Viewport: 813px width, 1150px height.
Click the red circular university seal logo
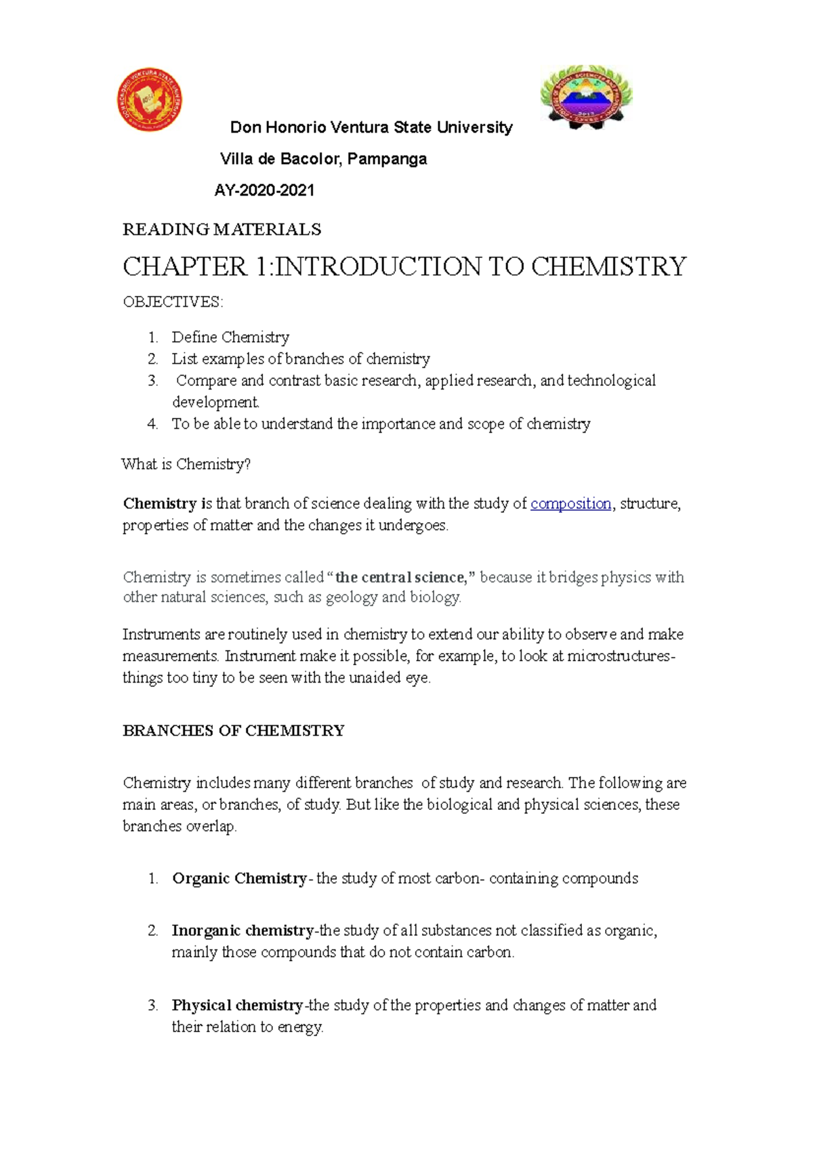tap(149, 100)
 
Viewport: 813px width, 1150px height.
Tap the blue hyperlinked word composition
tap(570, 504)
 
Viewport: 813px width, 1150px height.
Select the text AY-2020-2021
tap(264, 190)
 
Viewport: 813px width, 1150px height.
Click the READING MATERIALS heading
tap(222, 230)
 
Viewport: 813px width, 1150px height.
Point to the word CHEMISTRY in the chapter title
tap(608, 267)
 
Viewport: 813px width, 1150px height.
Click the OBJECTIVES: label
tap(173, 302)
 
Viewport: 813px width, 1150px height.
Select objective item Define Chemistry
tap(230, 337)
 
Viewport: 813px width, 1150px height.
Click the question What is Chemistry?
tap(186, 465)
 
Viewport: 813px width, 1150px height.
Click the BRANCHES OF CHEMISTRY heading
tap(234, 731)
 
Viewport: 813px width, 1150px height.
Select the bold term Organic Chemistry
tap(239, 878)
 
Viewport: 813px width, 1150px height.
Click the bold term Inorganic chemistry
tap(243, 931)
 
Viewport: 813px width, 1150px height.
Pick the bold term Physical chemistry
tap(237, 1005)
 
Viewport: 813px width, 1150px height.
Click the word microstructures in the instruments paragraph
tap(619, 656)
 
